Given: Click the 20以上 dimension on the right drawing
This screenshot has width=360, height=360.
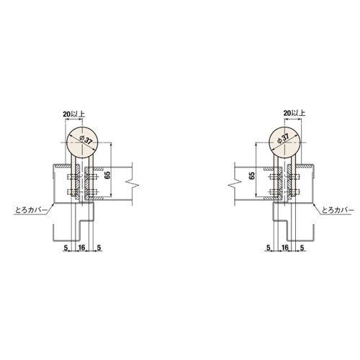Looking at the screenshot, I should (294, 113).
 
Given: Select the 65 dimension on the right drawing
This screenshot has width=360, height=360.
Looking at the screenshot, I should (252, 175).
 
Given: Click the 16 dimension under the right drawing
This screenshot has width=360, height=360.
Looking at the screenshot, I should (285, 247).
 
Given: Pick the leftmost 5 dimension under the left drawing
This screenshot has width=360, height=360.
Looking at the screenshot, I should (66, 247).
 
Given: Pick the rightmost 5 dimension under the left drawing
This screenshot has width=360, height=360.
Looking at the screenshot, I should (97, 247).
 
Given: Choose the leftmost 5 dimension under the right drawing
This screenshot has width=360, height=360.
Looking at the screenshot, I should (269, 247).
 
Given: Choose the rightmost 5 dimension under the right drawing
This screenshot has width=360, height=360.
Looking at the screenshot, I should (301, 247).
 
